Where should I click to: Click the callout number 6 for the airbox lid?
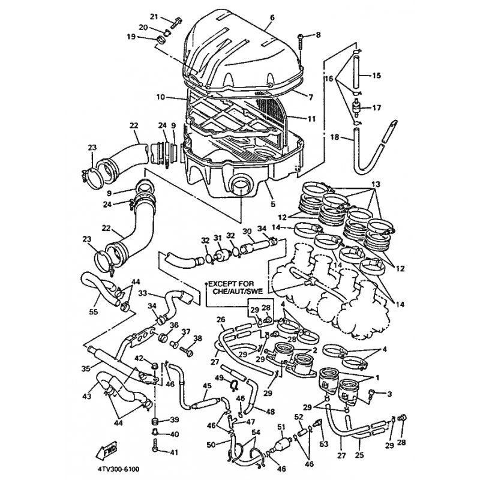coord(272,18)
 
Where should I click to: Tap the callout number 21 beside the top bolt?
coord(154,16)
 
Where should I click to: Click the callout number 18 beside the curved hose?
coord(335,137)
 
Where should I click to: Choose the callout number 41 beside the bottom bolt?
coord(175,452)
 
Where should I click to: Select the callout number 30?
coord(246,232)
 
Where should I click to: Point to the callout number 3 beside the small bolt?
coord(389,394)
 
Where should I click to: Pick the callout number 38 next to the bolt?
coord(198,338)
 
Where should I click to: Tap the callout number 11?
coord(311,119)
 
